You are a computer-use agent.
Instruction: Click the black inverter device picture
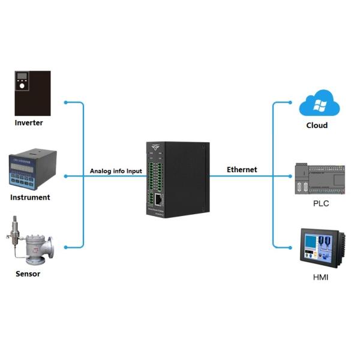point(32,92)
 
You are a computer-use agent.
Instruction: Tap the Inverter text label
point(29,123)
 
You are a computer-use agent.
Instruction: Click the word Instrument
point(30,197)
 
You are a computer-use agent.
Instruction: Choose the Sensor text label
point(28,274)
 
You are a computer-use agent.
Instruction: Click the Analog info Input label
point(116,171)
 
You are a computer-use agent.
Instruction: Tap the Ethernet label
point(242,170)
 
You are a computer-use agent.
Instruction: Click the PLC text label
point(321,203)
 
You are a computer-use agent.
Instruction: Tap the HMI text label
point(321,277)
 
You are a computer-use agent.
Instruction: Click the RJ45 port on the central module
point(158,200)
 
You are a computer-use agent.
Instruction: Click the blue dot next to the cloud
point(292,103)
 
